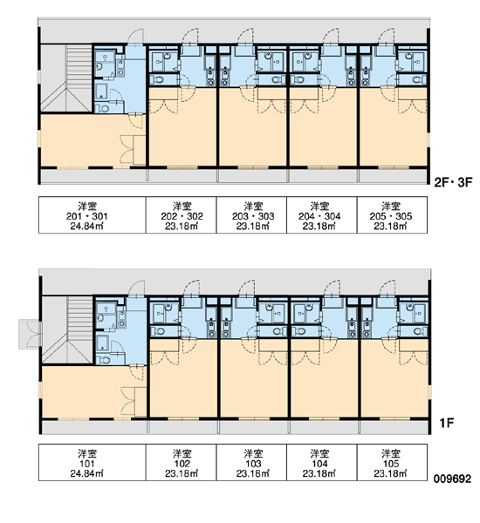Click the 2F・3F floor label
(x=453, y=182)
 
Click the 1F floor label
(x=446, y=424)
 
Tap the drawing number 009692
(x=452, y=479)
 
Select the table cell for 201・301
(x=93, y=214)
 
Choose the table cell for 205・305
(x=392, y=214)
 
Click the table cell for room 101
(x=93, y=462)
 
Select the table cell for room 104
(x=322, y=462)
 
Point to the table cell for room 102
(x=181, y=462)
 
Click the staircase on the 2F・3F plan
(x=66, y=78)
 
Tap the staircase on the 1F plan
(x=67, y=330)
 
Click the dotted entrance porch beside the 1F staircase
(x=29, y=334)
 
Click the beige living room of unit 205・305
(x=394, y=133)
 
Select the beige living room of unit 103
(x=254, y=384)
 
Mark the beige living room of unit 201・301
(x=87, y=140)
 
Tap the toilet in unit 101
(x=104, y=360)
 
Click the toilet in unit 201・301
(x=103, y=108)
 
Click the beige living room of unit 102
(x=183, y=384)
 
